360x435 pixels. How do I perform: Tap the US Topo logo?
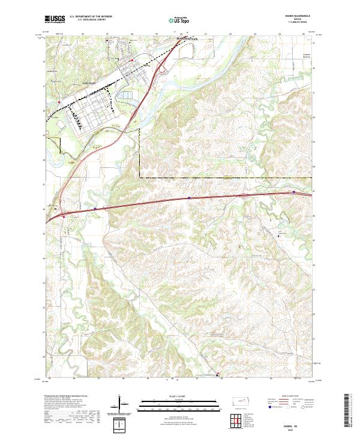(x=178, y=20)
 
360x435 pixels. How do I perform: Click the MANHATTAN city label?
(x=187, y=39)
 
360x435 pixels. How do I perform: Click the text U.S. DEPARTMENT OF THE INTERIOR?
(x=96, y=16)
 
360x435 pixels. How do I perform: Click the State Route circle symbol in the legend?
(x=304, y=407)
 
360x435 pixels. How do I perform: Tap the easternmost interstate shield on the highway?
(x=294, y=192)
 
